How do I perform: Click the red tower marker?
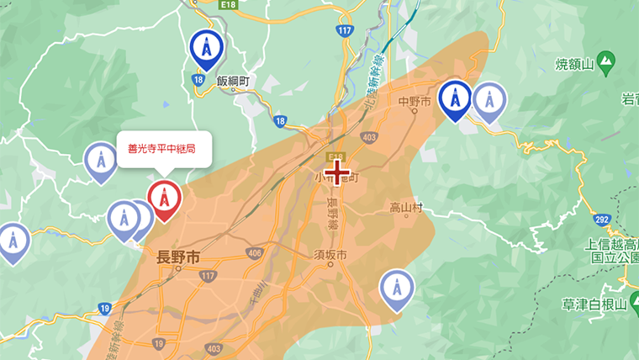tap(163, 199)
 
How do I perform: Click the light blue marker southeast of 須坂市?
tap(396, 288)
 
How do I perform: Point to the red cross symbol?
tap(338, 172)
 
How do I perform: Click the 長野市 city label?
tap(179, 257)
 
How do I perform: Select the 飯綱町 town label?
tap(234, 82)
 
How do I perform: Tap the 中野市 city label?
tap(415, 102)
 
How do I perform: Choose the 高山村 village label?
tap(405, 208)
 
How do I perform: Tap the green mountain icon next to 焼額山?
tap(605, 61)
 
